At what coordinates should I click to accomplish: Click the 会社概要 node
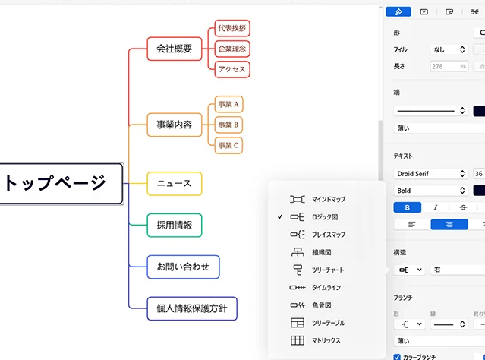[x=175, y=49]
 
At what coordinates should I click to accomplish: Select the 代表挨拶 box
[x=232, y=28]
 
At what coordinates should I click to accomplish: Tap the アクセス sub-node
[x=232, y=69]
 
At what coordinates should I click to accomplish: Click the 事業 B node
[x=228, y=125]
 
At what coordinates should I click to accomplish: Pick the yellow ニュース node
[x=175, y=184]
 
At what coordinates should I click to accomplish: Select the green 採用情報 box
[x=175, y=226]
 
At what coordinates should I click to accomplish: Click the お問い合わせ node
[x=183, y=267]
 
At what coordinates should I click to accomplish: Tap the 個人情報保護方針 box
[x=192, y=308]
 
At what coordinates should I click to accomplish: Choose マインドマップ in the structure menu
[x=318, y=199]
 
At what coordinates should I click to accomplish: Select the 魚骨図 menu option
[x=310, y=305]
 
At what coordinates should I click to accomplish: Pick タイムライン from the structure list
[x=315, y=288]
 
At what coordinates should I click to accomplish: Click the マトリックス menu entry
[x=316, y=340]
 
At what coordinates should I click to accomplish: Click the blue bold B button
[x=407, y=207]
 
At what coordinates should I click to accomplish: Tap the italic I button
[x=435, y=207]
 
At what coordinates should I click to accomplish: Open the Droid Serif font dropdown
[x=431, y=174]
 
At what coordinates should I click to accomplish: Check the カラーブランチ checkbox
[x=397, y=357]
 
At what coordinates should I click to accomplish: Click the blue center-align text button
[x=449, y=224]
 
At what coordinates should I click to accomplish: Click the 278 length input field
[x=449, y=66]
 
